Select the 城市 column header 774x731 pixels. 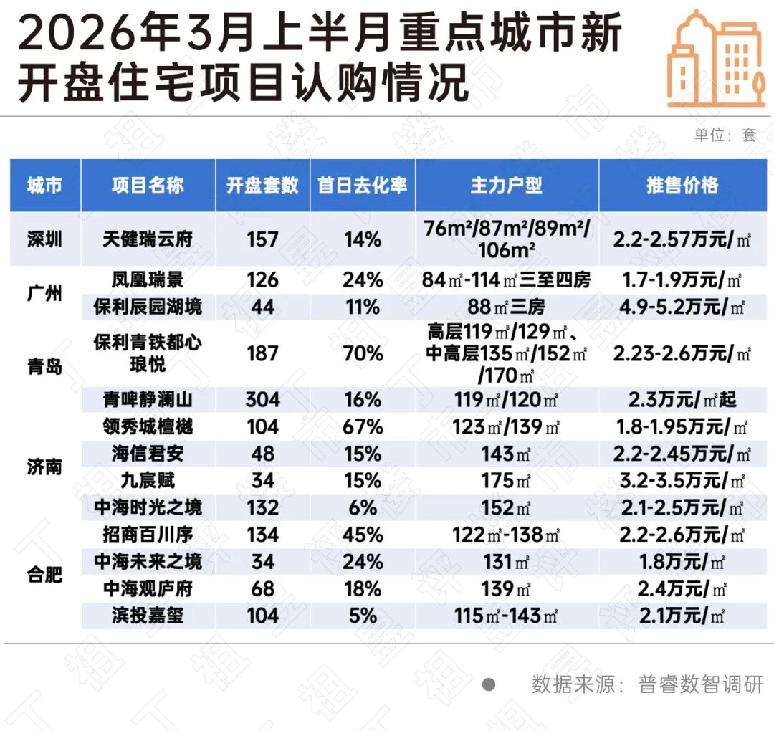pyautogui.click(x=44, y=185)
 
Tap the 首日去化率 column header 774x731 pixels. pyautogui.click(x=363, y=185)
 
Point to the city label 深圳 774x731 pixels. pyautogui.click(x=44, y=239)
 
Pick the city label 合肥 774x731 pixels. pyautogui.click(x=44, y=574)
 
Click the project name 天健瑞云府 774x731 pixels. pyautogui.click(x=148, y=239)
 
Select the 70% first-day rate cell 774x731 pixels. pyautogui.click(x=363, y=353)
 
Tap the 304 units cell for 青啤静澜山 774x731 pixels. pyautogui.click(x=262, y=400)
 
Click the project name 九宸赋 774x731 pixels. pyautogui.click(x=148, y=480)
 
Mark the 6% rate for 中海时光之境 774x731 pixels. pyautogui.click(x=363, y=507)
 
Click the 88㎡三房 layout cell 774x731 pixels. pyautogui.click(x=506, y=307)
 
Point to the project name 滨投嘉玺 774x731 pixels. pyautogui.click(x=148, y=615)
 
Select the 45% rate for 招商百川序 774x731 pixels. pyautogui.click(x=363, y=534)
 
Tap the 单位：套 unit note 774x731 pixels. pyautogui.click(x=725, y=135)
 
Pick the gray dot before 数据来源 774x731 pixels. pyautogui.click(x=489, y=684)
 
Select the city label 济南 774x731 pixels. pyautogui.click(x=44, y=467)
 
